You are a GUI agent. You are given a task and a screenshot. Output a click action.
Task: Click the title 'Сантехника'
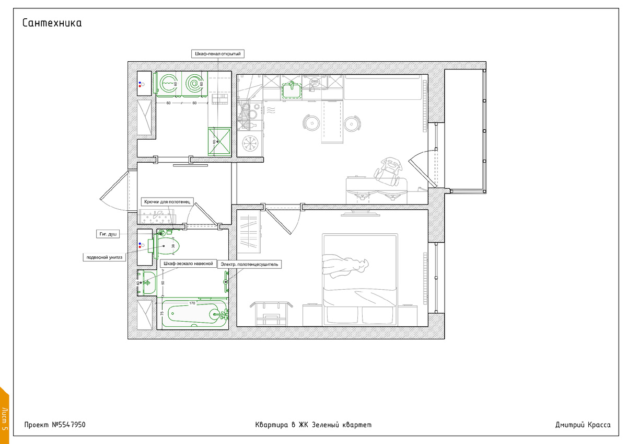pyautogui.click(x=52, y=23)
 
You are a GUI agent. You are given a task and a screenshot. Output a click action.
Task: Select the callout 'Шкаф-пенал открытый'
pyautogui.click(x=218, y=54)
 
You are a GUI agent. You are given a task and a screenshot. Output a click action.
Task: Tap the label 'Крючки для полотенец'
pyautogui.click(x=167, y=202)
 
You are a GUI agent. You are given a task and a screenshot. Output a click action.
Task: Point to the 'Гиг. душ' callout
pyautogui.click(x=108, y=234)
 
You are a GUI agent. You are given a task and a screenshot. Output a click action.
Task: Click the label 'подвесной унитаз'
pyautogui.click(x=104, y=257)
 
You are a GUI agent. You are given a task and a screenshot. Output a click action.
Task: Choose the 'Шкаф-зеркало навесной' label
pyautogui.click(x=189, y=264)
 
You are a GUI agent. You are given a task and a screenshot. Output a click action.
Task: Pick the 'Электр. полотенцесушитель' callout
pyautogui.click(x=249, y=264)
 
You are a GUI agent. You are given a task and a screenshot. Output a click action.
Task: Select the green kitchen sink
pyautogui.click(x=292, y=90)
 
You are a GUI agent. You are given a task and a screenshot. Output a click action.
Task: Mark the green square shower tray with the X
pyautogui.click(x=219, y=142)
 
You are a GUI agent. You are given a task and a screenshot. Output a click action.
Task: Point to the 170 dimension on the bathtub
pyautogui.click(x=192, y=303)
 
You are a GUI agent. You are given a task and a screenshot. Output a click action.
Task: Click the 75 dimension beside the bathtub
pyautogui.click(x=162, y=313)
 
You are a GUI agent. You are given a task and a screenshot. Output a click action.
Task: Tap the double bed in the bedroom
pyautogui.click(x=360, y=280)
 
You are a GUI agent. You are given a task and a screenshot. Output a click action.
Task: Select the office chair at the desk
pyautogui.click(x=388, y=171)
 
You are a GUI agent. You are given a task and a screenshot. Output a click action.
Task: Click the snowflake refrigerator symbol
pyautogui.click(x=249, y=143)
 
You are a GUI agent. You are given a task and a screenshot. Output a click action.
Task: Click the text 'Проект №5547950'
pyautogui.click(x=55, y=425)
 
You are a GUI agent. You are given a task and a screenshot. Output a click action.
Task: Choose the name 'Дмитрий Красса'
pyautogui.click(x=583, y=425)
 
